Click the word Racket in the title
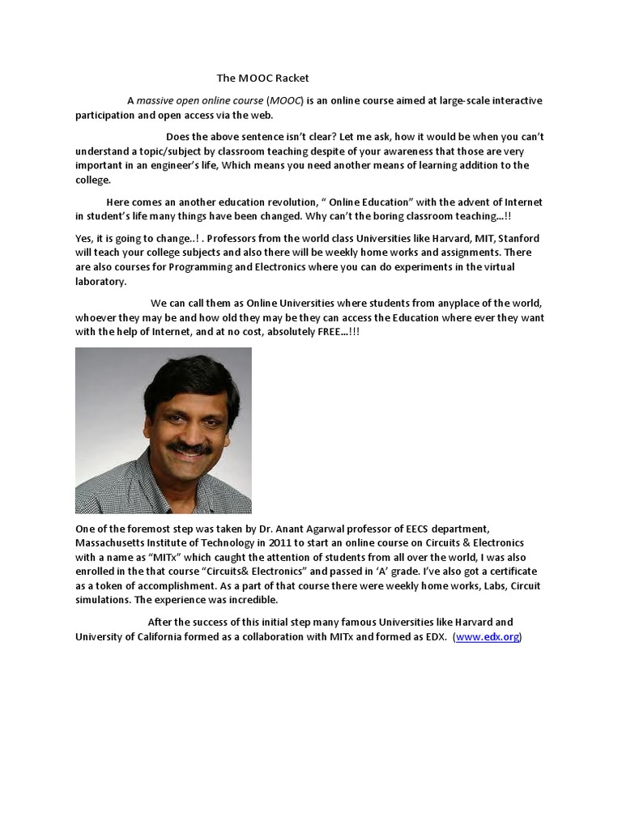click(x=292, y=79)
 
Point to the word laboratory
click(x=101, y=282)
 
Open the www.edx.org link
click(x=488, y=637)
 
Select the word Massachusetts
click(x=115, y=542)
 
